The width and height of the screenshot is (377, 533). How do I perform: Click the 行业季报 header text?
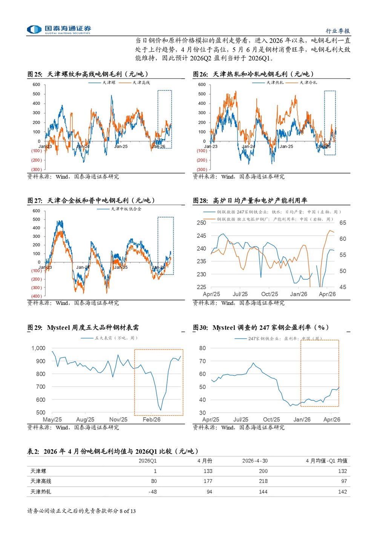pos(338,31)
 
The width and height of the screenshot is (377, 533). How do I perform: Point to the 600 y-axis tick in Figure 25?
pos(37,84)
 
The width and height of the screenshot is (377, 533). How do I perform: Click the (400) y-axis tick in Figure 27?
pos(37,296)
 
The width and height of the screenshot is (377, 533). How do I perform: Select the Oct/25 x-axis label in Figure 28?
pos(270,294)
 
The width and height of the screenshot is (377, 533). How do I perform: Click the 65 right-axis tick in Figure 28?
pos(343,223)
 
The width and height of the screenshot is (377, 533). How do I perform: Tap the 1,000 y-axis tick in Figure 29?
pos(38,348)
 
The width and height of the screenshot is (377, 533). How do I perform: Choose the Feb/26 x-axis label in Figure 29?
pos(152,420)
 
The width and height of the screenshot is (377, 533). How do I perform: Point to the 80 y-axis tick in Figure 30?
pos(202,348)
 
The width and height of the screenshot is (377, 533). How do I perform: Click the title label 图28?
pos(200,201)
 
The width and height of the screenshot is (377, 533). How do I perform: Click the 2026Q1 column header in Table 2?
pos(147,461)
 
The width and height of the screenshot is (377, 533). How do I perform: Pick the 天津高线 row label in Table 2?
pos(41,481)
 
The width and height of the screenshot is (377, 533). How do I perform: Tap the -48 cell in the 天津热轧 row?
pos(153,492)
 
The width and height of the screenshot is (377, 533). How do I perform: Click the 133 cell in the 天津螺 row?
pos(208,471)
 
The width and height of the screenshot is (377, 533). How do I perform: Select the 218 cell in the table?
pos(263,481)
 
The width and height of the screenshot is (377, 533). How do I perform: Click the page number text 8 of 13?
pos(128,511)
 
